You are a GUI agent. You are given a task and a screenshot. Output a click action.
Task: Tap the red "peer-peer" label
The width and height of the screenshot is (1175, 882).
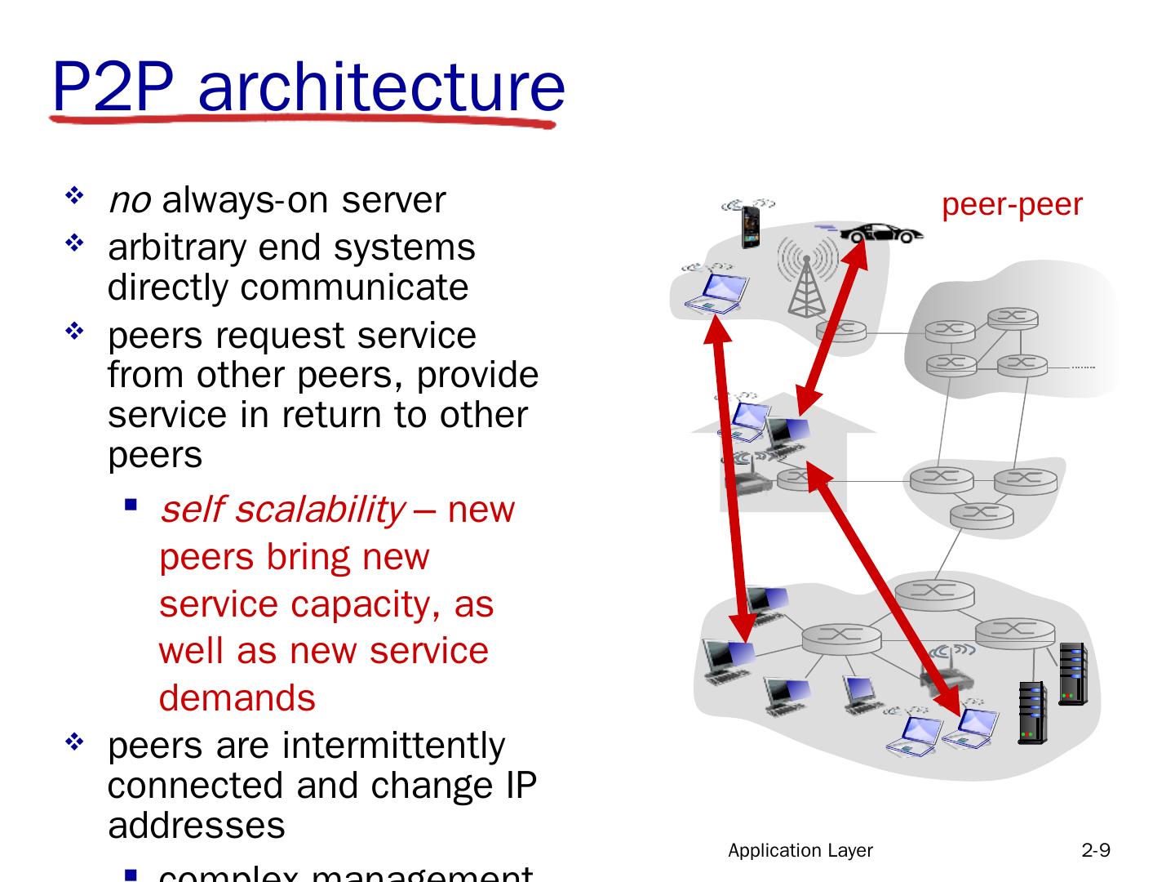tap(1012, 204)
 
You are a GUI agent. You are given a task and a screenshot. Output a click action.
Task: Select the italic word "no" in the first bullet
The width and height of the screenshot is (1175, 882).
tap(129, 200)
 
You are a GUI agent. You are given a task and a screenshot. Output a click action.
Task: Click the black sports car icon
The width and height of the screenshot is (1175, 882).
tap(880, 233)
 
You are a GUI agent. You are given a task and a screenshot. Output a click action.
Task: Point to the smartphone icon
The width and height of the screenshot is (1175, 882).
tap(750, 226)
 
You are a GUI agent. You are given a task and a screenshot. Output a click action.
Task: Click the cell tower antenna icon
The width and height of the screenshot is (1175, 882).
tap(806, 278)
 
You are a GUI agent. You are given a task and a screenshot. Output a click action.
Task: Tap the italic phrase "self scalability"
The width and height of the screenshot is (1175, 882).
tap(282, 510)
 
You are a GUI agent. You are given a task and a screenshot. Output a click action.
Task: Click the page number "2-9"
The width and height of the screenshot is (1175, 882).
tap(1096, 851)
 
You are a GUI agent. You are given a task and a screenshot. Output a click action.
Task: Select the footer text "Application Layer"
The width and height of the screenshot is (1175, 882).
tap(800, 851)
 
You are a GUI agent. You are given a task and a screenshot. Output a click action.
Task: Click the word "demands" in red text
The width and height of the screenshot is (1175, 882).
tap(237, 698)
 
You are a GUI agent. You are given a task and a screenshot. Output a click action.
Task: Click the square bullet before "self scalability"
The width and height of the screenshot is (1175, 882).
tap(130, 505)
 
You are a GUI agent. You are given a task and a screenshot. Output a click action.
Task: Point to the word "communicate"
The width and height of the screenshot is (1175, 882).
tap(354, 287)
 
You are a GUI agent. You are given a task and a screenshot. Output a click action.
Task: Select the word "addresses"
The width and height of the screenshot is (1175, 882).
tap(196, 825)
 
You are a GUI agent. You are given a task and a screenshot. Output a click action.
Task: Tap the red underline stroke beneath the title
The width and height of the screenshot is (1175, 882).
tap(302, 121)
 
